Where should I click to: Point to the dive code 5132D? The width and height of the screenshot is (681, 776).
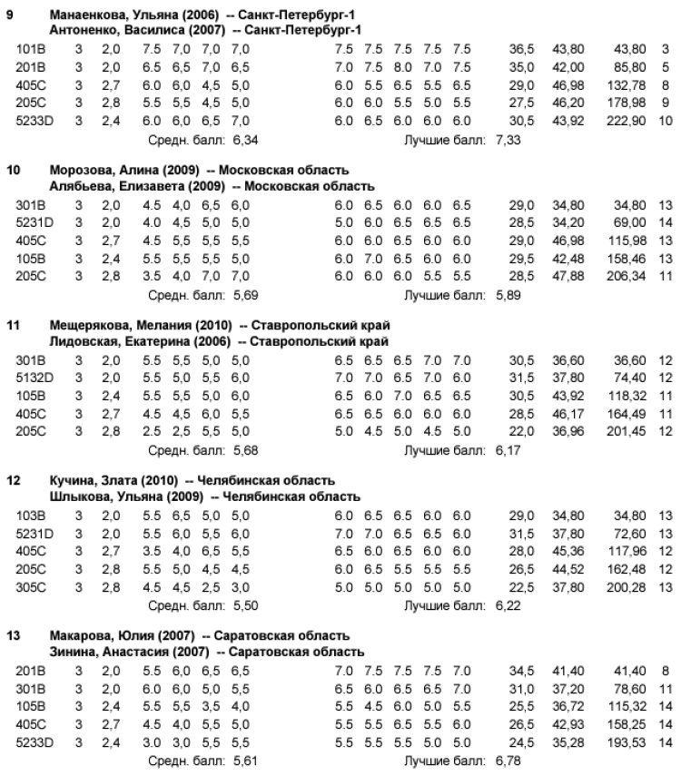(x=35, y=376)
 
